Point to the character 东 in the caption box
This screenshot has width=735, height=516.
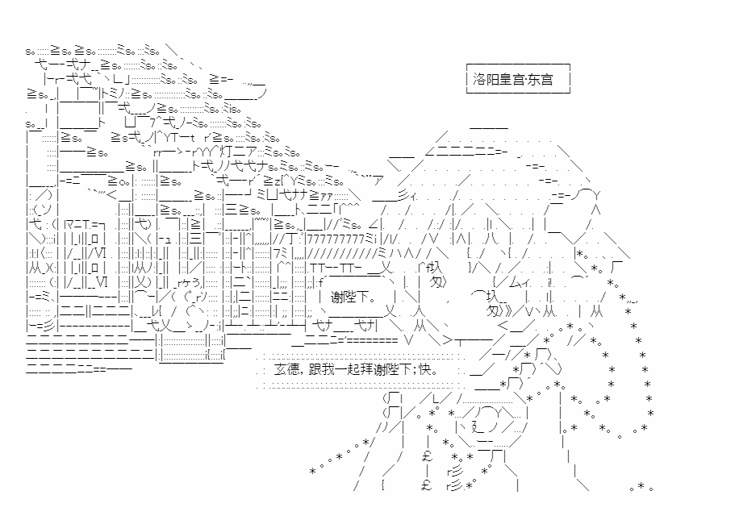click(532, 80)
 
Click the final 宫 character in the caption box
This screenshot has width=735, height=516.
click(545, 80)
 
